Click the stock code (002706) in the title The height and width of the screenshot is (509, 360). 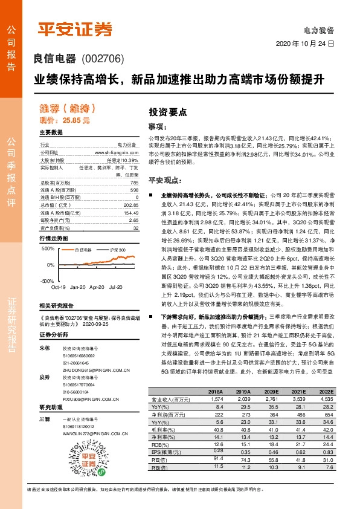pos(101,59)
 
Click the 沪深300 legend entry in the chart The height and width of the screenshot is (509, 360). pos(118,249)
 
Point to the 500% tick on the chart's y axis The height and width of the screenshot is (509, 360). pos(48,248)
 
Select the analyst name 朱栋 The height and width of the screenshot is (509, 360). pos(43,349)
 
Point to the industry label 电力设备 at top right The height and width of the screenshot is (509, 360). pos(319,30)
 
